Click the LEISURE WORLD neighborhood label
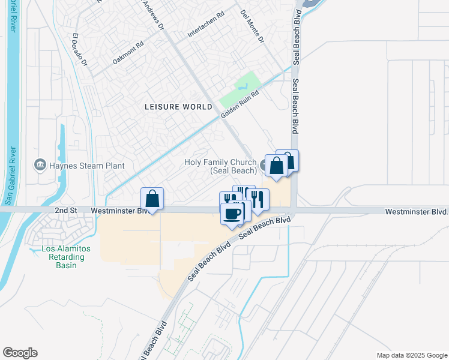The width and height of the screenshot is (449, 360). pyautogui.click(x=178, y=107)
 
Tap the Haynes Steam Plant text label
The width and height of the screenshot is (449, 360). pyautogui.click(x=86, y=166)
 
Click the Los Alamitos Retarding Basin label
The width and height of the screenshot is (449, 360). pyautogui.click(x=63, y=257)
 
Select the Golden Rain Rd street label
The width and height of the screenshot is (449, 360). pyautogui.click(x=240, y=104)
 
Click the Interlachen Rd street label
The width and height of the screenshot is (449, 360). pyautogui.click(x=205, y=25)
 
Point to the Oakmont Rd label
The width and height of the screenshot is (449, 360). pyautogui.click(x=128, y=53)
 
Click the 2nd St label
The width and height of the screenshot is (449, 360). pyautogui.click(x=67, y=211)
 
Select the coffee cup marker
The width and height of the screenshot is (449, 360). pyautogui.click(x=232, y=213)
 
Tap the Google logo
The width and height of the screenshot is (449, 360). pyautogui.click(x=20, y=353)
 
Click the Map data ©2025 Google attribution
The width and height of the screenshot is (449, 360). pyautogui.click(x=411, y=355)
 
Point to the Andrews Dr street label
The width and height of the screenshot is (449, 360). pyautogui.click(x=152, y=15)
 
